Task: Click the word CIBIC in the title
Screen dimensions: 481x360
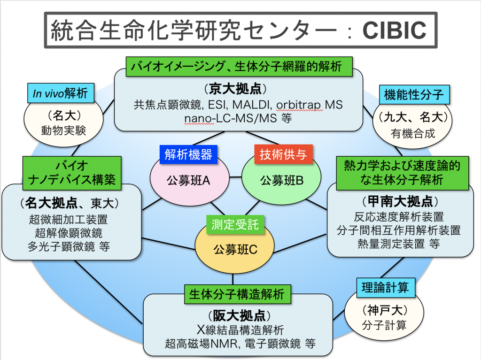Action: [395, 31]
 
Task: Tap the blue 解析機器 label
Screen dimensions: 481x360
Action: [188, 154]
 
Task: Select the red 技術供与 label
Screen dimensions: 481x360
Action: [283, 154]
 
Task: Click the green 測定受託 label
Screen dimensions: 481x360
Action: [235, 225]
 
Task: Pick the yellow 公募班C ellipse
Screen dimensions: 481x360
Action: [234, 248]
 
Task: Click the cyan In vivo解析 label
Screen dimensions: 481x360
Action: [61, 93]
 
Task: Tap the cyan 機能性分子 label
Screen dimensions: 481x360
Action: [414, 94]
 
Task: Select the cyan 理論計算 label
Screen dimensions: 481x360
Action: [386, 288]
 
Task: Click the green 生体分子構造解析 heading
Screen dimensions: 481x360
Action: [237, 294]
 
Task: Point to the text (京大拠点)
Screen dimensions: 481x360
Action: [235, 89]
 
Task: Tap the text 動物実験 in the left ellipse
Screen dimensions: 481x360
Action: [63, 130]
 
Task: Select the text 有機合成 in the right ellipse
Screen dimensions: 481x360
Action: [412, 133]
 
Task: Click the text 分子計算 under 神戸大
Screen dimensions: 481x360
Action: [384, 325]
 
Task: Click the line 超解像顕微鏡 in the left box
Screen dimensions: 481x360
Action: [69, 233]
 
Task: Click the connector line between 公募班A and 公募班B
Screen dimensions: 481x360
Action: [236, 177]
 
